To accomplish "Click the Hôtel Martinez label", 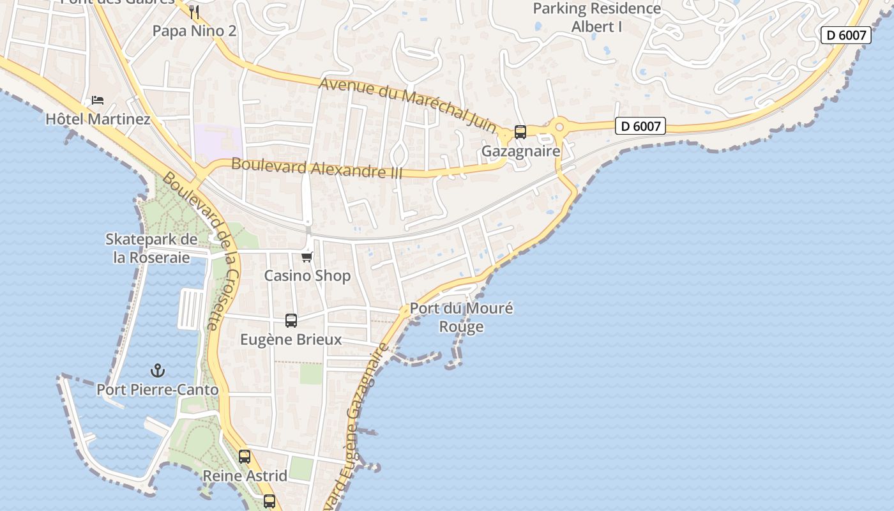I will click(98, 119).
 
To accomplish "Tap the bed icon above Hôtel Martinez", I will click(98, 100).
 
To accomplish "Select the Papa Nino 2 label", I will click(194, 31).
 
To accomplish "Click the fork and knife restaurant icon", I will click(195, 12).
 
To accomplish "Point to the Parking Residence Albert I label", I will click(597, 18).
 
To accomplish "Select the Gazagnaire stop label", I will click(520, 151).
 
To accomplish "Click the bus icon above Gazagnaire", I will click(520, 132).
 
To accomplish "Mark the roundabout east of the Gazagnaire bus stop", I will click(559, 127).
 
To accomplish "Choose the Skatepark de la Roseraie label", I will click(151, 248).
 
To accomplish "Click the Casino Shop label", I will click(307, 276).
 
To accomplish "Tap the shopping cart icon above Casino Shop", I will click(307, 257).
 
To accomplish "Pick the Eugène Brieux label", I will click(291, 339).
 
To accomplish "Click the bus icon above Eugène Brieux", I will click(291, 321).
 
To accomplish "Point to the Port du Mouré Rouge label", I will click(461, 317).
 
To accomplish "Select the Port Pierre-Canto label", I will click(157, 390).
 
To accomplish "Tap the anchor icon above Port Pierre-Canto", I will click(157, 370).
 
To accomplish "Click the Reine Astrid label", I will click(245, 476).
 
